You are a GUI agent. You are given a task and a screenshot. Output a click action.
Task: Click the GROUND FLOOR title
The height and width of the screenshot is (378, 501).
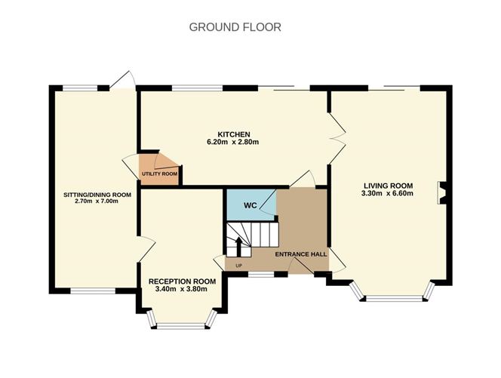pyautogui.click(x=235, y=27)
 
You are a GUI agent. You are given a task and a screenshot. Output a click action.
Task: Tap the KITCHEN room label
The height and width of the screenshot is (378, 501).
pyautogui.click(x=234, y=134)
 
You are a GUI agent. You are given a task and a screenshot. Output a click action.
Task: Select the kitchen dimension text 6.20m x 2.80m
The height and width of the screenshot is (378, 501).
pyautogui.click(x=233, y=142)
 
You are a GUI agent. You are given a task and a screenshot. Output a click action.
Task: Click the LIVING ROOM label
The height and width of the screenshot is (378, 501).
pyautogui.click(x=389, y=186)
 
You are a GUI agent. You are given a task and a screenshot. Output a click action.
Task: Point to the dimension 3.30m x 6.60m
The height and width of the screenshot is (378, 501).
pyautogui.click(x=387, y=193)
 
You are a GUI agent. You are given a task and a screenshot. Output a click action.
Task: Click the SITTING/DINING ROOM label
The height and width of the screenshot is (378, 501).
pyautogui.click(x=97, y=195)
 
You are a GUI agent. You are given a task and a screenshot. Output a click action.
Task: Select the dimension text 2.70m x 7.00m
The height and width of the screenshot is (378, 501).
pyautogui.click(x=97, y=201)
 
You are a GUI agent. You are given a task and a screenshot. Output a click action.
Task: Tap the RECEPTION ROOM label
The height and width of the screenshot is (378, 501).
pyautogui.click(x=182, y=281)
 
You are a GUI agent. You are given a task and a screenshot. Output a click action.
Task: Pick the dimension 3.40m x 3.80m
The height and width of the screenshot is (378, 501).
pyautogui.click(x=181, y=289)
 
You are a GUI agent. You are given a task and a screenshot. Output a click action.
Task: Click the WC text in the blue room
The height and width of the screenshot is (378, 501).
pyautogui.click(x=250, y=205)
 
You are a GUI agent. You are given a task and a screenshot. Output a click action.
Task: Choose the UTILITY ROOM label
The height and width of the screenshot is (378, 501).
pyautogui.click(x=159, y=174)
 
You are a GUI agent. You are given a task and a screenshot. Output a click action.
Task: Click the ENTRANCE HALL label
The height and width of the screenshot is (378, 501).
pyautogui.click(x=301, y=254)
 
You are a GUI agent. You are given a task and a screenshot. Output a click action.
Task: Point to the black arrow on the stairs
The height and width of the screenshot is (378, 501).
pyautogui.click(x=238, y=247)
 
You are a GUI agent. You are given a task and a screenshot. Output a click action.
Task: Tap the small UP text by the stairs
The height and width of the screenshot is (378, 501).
pyautogui.click(x=238, y=266)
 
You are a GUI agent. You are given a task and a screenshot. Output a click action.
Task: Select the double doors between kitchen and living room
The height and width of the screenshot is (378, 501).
pyautogui.click(x=337, y=138)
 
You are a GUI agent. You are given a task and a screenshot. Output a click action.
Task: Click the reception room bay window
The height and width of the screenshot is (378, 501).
pyautogui.click(x=182, y=319)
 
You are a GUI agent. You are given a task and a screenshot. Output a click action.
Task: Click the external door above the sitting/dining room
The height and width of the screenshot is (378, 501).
pyautogui.click(x=121, y=80)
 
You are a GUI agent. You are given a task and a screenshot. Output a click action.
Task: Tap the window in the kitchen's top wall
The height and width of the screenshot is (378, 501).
pyautogui.click(x=197, y=88)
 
